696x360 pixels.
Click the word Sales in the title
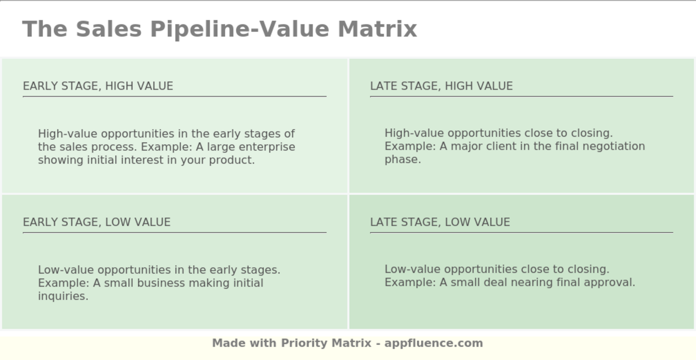tap(108, 29)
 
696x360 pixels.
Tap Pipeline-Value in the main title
tap(240, 29)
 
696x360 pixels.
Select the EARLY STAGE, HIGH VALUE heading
tap(98, 86)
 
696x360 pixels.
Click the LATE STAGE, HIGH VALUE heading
tap(441, 86)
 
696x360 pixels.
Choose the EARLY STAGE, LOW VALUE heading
tap(96, 222)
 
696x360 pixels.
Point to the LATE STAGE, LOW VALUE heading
tap(439, 222)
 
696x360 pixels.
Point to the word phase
tap(403, 160)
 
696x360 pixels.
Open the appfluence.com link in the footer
tap(433, 343)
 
